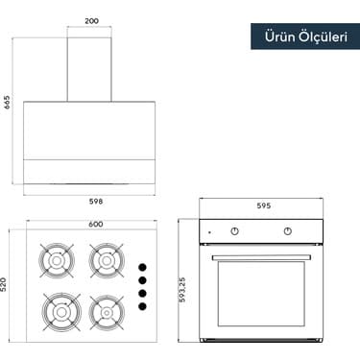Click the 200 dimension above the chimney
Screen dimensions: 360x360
tap(91, 20)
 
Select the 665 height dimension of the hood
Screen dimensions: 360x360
tap(8, 102)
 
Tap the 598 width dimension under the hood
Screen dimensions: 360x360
tap(95, 202)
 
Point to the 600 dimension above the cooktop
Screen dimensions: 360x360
tap(95, 225)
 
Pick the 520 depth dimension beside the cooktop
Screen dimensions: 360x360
tap(8, 285)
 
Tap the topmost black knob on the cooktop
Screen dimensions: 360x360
tap(142, 268)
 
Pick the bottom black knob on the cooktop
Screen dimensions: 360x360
tap(142, 306)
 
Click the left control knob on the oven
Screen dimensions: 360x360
tap(235, 231)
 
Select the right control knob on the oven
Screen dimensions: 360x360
tap(288, 231)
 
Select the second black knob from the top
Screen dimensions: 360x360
tap(142, 280)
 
